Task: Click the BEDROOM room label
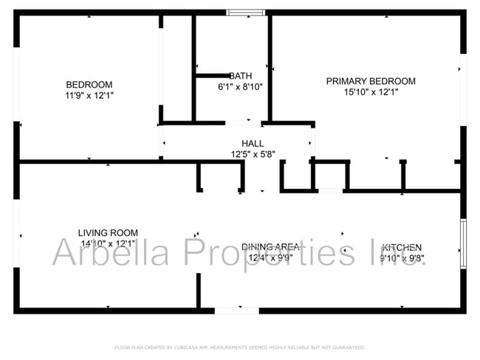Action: tap(89, 84)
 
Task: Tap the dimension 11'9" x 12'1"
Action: tap(89, 95)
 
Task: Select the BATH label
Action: tap(240, 76)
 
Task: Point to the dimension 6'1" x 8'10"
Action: tap(240, 87)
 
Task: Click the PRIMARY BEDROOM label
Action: tap(371, 81)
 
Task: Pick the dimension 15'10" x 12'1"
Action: tap(371, 92)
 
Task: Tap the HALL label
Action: tap(253, 143)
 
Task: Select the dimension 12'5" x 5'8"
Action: tap(253, 154)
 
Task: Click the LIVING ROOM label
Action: tap(108, 232)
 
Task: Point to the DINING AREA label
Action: tap(270, 247)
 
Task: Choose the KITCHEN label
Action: tap(402, 247)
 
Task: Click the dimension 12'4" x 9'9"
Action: tap(270, 258)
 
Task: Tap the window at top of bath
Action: tap(245, 13)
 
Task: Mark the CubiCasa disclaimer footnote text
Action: tap(239, 347)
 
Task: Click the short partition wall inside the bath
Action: tap(213, 75)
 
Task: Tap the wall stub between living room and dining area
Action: tap(197, 291)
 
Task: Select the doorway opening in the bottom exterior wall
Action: tap(236, 311)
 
